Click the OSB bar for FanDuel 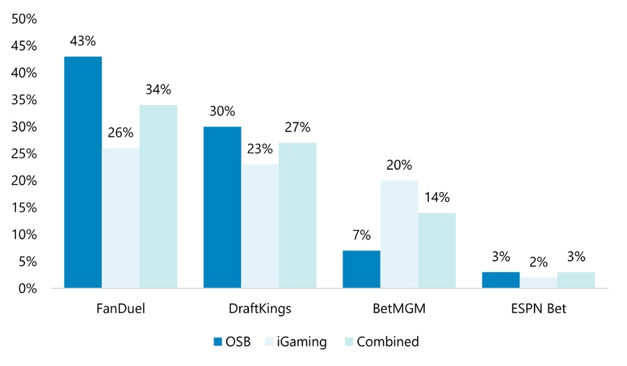(83, 172)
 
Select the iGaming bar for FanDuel (120, 218)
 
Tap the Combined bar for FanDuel (158, 196)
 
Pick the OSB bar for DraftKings (222, 207)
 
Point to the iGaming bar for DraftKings (259, 226)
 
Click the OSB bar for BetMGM (361, 269)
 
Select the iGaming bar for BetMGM (398, 234)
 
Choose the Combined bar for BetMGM (437, 250)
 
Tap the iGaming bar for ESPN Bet (537, 283)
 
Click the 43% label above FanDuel (83, 41)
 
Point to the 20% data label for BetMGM (398, 166)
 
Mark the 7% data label (361, 236)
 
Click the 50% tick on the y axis (25, 19)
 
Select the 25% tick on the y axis (25, 154)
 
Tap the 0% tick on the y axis (28, 288)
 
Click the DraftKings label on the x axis (259, 308)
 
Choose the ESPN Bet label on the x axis (537, 308)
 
